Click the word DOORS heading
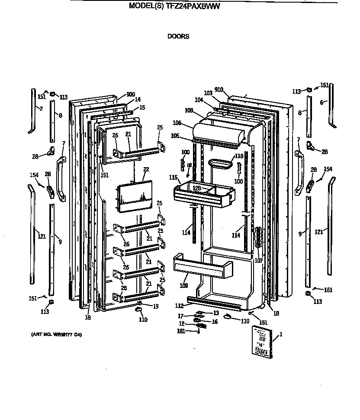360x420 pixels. tap(178, 36)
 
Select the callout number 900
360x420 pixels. tap(131, 95)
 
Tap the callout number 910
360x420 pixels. tap(219, 90)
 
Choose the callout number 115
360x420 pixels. tap(173, 178)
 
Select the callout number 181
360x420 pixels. tap(181, 331)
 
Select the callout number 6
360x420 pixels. tap(322, 103)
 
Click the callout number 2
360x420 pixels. tap(41, 108)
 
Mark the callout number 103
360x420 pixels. tap(208, 93)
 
